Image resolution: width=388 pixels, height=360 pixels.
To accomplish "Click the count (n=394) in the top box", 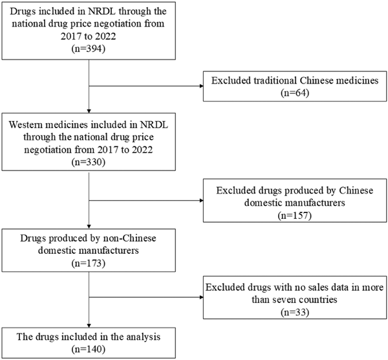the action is (89, 49).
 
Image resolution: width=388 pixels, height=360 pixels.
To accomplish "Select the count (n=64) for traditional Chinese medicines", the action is (295, 93).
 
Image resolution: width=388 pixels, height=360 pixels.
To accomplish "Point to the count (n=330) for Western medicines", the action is (89, 162).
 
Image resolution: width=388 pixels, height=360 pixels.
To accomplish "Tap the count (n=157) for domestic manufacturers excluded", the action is (294, 216).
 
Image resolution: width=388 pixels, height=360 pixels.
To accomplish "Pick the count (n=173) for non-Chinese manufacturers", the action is (89, 263).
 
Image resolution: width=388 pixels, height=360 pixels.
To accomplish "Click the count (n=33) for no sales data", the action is (295, 312).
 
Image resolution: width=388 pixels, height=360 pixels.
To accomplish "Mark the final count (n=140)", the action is (89, 349).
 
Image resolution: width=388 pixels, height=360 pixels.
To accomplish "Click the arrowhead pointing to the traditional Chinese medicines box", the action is (201, 86).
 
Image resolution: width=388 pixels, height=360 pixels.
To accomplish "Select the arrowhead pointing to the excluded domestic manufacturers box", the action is (201, 200).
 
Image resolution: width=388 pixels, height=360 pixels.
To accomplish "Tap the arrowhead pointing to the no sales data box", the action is (201, 297).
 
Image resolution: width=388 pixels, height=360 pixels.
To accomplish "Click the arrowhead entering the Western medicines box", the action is (89, 111).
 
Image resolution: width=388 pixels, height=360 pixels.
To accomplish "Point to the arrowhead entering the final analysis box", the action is (89, 326).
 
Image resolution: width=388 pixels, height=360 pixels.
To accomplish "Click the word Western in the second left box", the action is (28, 124).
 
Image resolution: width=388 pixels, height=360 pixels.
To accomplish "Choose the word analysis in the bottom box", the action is (144, 337).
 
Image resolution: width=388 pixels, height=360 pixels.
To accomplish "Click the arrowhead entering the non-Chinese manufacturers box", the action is (89, 227).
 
